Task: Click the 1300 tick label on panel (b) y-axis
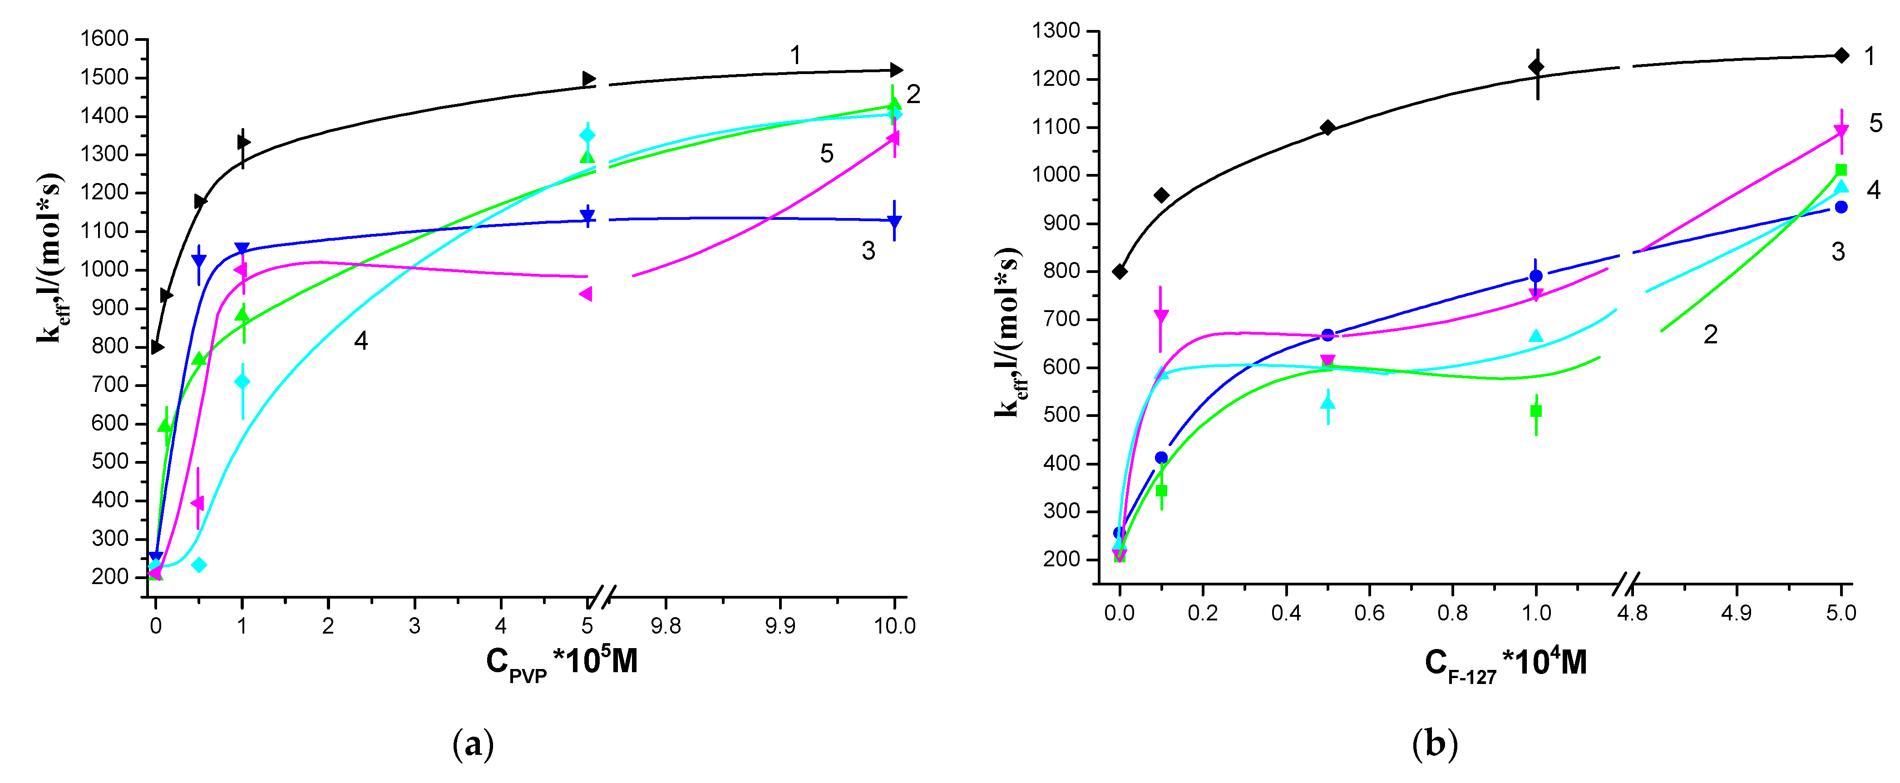tap(1056, 31)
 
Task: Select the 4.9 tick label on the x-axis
tap(1736, 613)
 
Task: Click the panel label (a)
tap(472, 745)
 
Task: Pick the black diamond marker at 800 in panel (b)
tap(1120, 272)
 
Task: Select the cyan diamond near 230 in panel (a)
tap(199, 565)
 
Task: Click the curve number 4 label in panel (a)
tap(360, 341)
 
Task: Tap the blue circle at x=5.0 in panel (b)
tap(1841, 208)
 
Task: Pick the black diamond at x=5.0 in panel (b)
tap(1841, 55)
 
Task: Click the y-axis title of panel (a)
tap(50, 258)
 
